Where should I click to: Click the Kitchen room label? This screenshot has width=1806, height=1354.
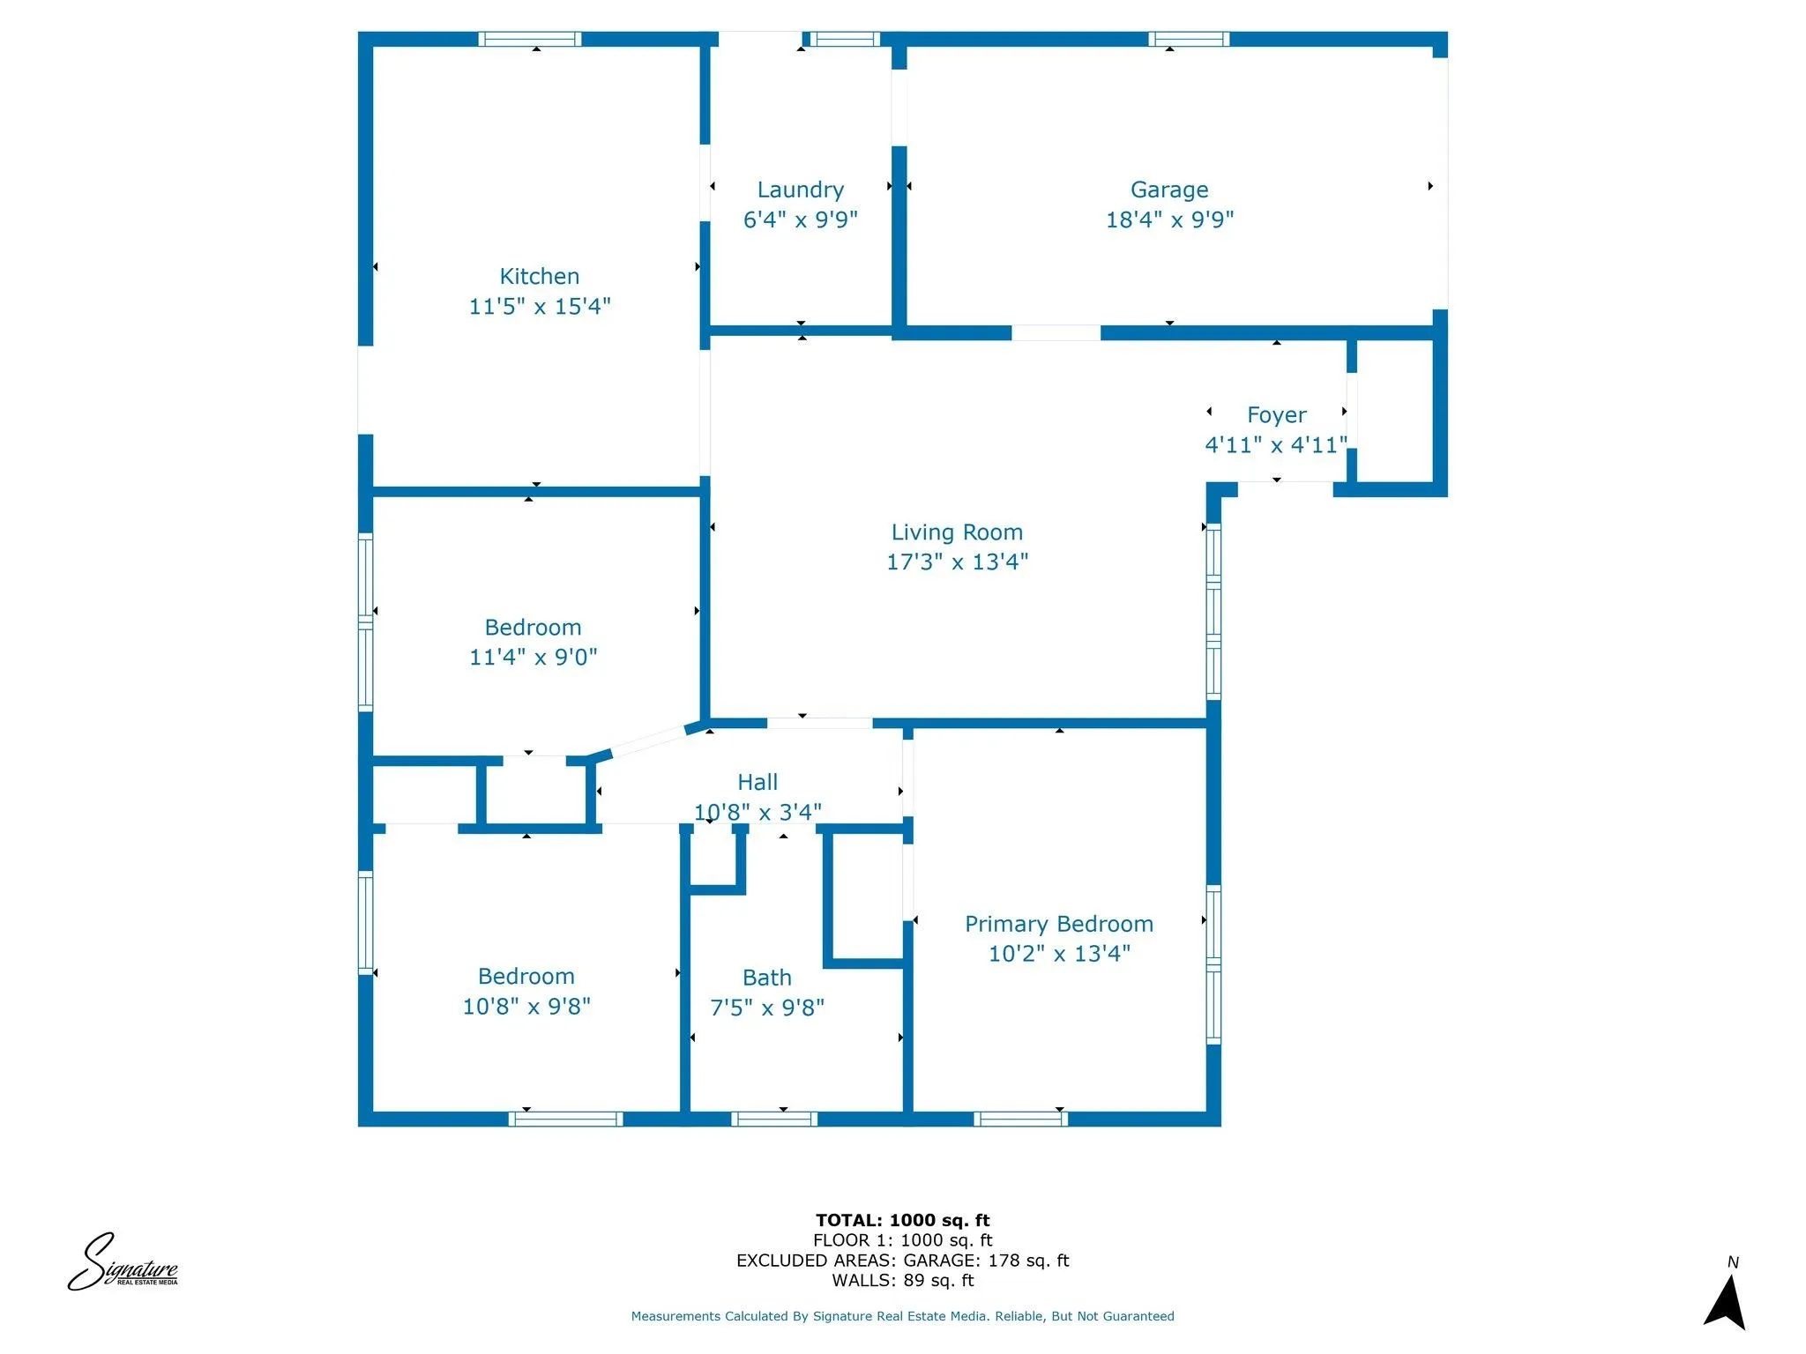539,276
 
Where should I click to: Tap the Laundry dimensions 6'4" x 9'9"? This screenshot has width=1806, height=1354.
800,219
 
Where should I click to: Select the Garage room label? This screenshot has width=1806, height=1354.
1168,190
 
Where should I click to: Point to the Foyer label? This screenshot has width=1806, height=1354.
1276,414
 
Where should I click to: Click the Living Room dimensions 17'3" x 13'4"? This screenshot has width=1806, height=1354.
957,562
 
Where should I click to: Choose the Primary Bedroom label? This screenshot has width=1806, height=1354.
1058,924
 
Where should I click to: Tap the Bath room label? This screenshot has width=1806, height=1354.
766,978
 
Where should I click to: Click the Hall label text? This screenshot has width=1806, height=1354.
757,782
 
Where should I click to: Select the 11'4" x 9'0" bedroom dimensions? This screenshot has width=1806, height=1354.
533,657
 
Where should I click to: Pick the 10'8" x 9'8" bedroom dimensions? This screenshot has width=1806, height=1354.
526,1006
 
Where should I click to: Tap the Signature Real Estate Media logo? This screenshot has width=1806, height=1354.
123,1263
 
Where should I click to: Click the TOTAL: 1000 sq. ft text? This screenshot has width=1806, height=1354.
902,1220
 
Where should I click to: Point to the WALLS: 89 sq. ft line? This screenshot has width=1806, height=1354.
902,1280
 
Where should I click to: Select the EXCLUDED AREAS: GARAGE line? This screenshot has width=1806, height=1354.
902,1261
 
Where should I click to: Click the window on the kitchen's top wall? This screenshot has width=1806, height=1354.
530,39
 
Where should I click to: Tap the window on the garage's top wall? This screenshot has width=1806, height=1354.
1188,39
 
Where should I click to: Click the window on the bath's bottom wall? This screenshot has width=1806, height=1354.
774,1119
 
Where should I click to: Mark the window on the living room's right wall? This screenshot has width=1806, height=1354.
1213,612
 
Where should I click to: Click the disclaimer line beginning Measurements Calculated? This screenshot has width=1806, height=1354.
902,1316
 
